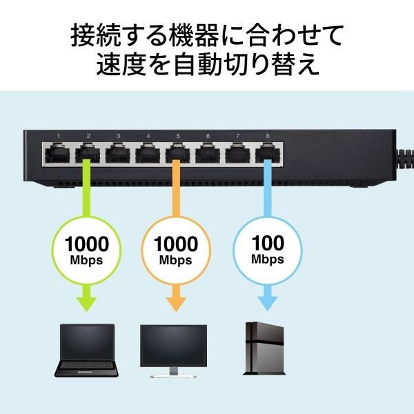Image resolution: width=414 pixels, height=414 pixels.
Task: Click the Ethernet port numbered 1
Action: (58, 152)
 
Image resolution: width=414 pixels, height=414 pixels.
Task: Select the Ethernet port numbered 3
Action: (117, 152)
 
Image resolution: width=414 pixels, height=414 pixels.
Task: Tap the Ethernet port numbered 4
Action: (147, 152)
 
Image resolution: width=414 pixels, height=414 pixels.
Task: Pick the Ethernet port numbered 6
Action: (206, 152)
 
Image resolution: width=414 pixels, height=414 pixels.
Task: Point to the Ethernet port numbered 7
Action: (236, 152)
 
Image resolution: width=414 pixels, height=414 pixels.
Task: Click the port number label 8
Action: (266, 135)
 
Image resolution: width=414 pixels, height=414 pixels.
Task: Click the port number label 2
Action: (88, 135)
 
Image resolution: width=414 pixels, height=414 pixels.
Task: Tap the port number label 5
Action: (177, 135)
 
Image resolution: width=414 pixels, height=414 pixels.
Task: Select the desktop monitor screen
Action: (173, 346)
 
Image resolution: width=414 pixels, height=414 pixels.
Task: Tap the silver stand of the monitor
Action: (173, 373)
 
